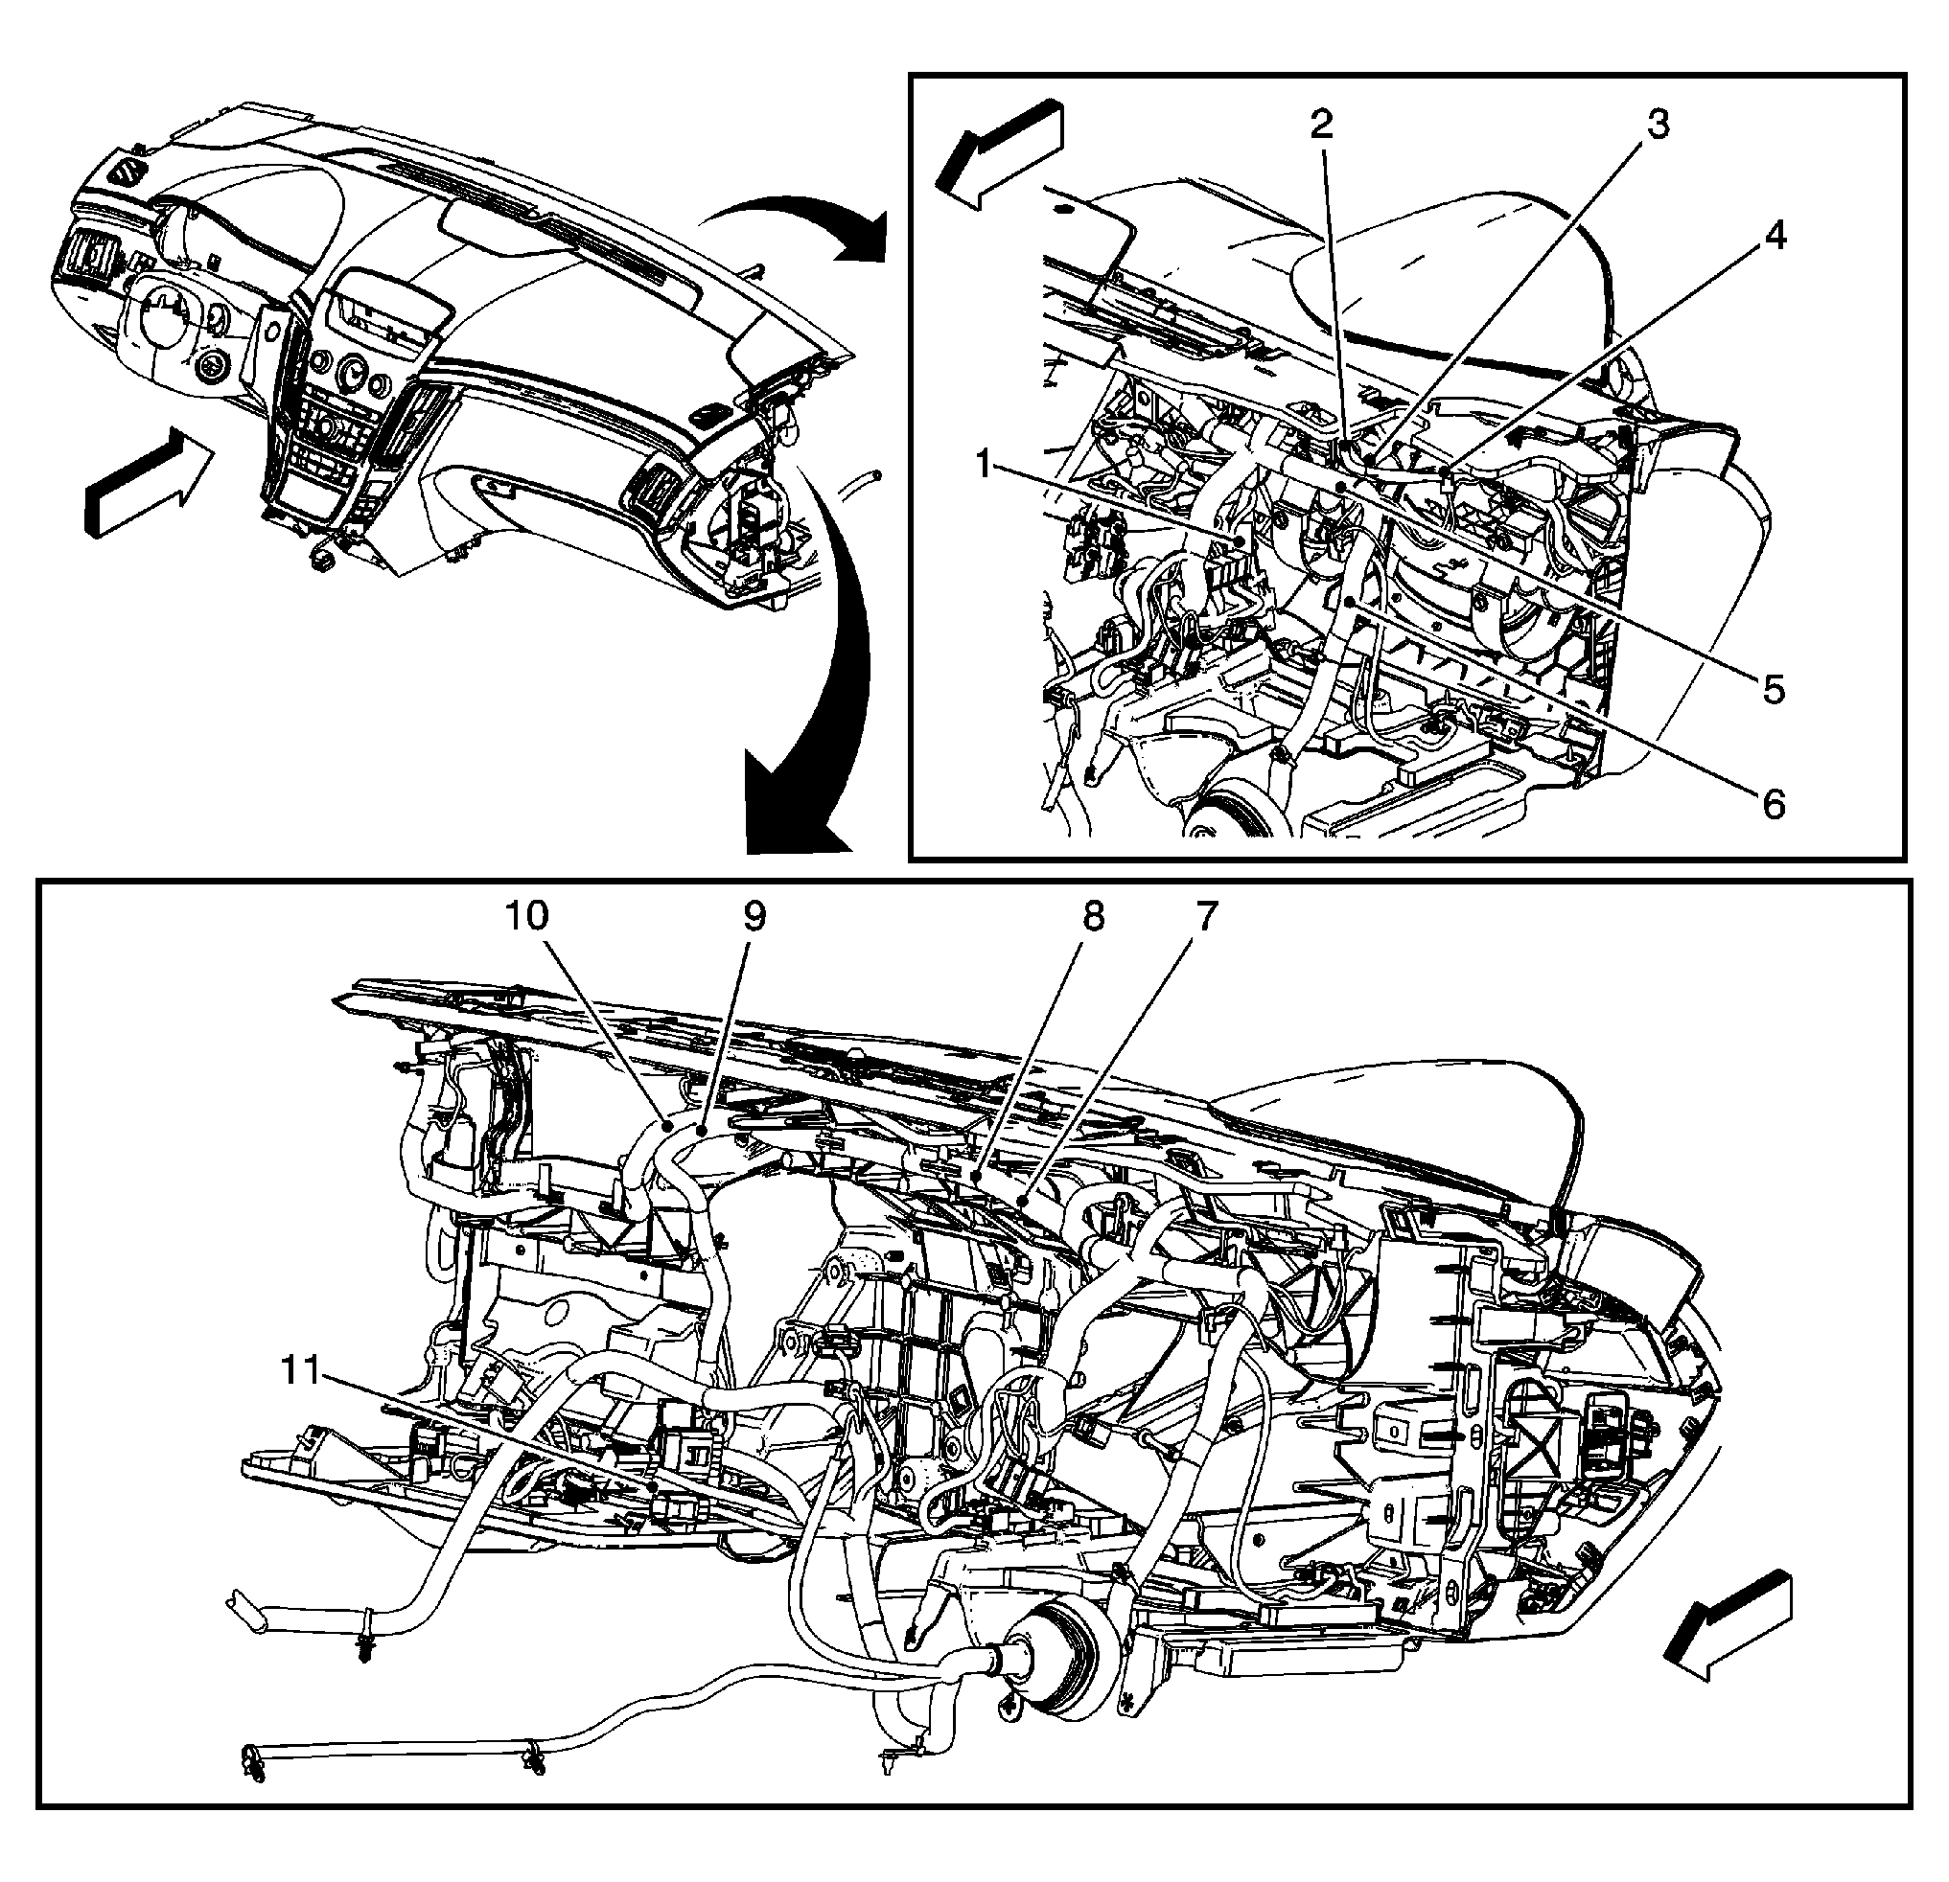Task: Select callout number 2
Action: click(x=1320, y=125)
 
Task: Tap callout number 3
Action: click(x=1658, y=125)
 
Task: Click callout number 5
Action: click(x=1774, y=688)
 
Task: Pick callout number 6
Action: click(x=1774, y=803)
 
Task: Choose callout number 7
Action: click(x=1205, y=917)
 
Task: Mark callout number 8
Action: click(x=1093, y=917)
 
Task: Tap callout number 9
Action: click(x=754, y=917)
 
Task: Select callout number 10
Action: click(x=527, y=917)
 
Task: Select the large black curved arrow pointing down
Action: click(x=816, y=696)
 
